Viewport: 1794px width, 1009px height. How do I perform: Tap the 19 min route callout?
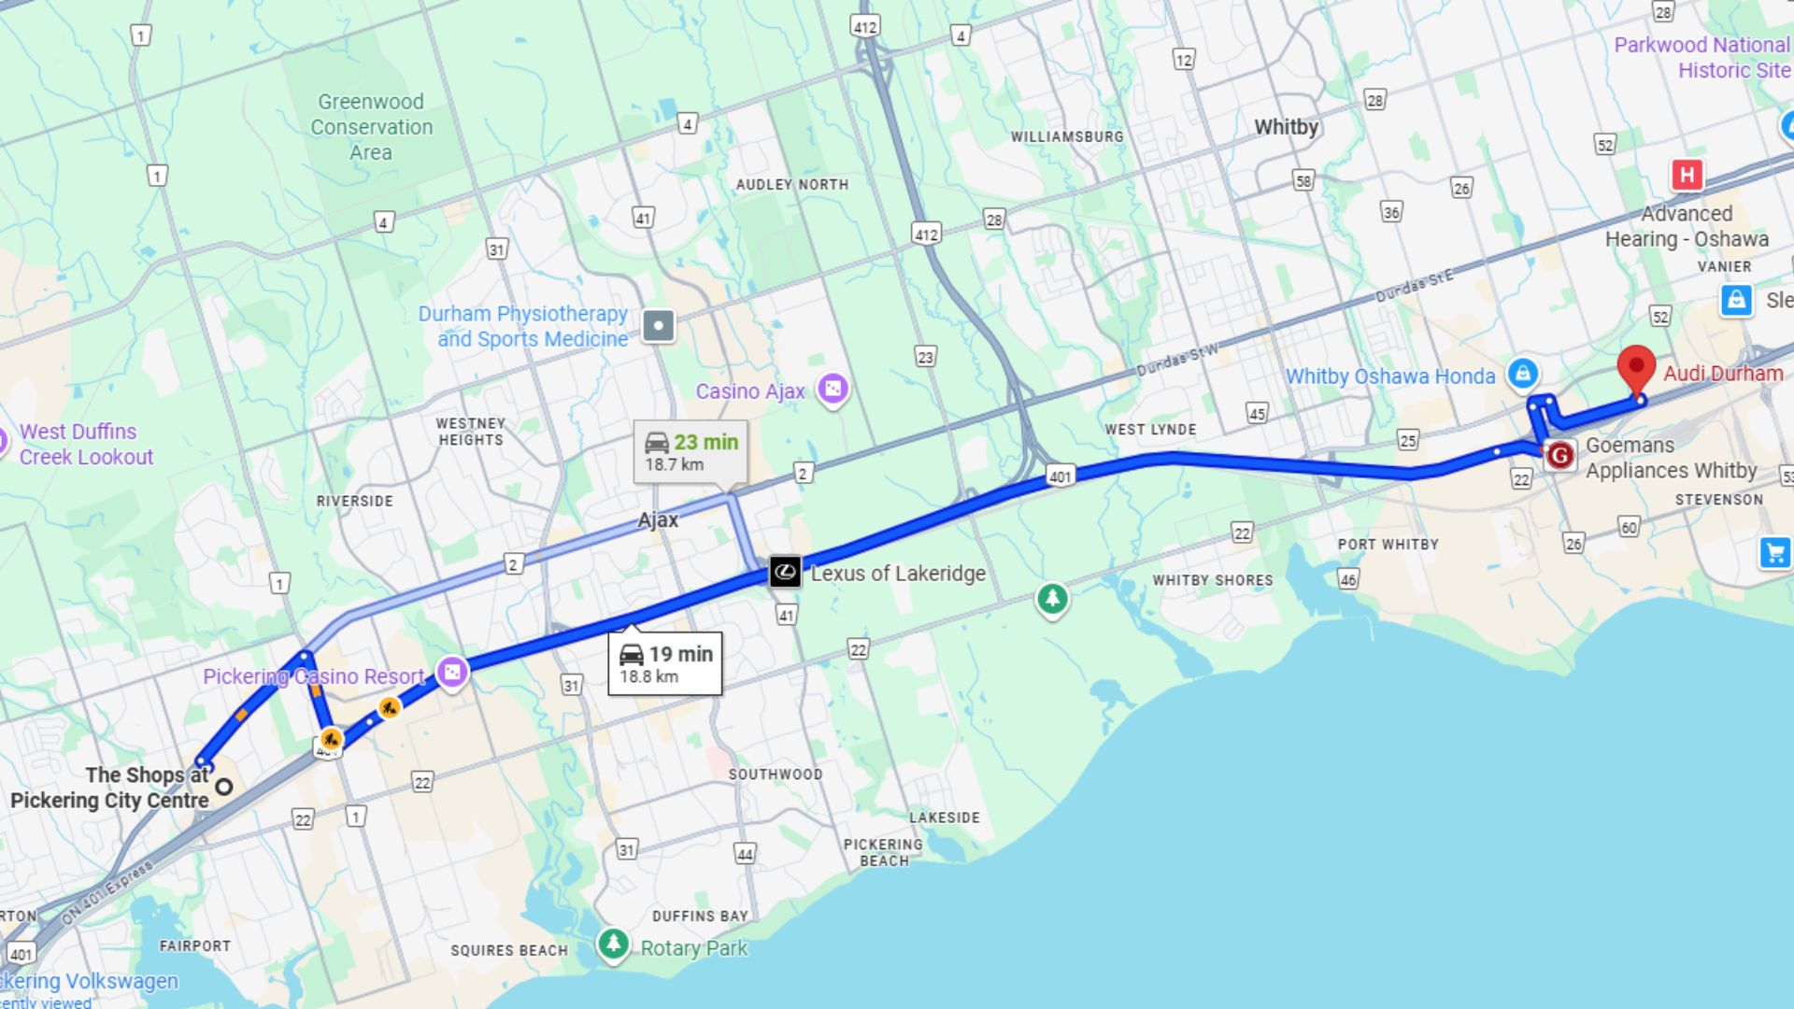click(x=664, y=663)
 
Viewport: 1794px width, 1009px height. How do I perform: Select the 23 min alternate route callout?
click(x=691, y=452)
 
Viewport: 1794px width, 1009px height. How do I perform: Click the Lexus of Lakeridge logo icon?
click(x=785, y=571)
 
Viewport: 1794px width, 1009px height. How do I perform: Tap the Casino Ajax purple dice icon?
click(x=833, y=388)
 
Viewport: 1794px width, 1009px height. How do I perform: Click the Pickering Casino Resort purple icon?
click(x=452, y=672)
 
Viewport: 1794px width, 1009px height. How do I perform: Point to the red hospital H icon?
click(x=1687, y=175)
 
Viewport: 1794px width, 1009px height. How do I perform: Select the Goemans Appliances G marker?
click(x=1559, y=456)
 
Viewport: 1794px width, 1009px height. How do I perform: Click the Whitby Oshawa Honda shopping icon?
click(x=1523, y=374)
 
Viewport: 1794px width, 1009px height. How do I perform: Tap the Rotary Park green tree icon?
click(x=613, y=944)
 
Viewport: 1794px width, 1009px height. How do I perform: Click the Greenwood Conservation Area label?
click(x=372, y=127)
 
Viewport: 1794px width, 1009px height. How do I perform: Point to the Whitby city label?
click(x=1286, y=127)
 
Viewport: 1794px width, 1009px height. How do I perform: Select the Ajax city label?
click(x=658, y=520)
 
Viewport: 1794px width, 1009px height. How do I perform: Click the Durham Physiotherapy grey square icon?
click(x=659, y=326)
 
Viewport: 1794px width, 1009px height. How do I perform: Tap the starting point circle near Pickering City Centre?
click(x=224, y=787)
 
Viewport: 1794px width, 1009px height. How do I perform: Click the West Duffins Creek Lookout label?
click(x=86, y=445)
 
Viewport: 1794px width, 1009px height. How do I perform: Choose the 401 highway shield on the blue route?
click(x=1060, y=476)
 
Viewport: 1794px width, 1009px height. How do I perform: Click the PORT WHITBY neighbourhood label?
click(x=1388, y=545)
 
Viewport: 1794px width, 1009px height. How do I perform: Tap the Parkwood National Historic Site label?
click(x=1701, y=57)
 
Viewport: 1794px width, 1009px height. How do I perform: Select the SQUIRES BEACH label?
click(x=509, y=950)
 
